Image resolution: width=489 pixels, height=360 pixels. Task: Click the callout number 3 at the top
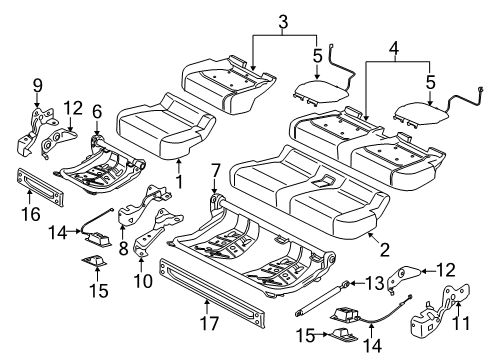point(283,22)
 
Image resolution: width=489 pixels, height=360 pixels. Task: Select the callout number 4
point(394,49)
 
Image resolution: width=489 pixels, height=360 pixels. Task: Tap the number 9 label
point(38,86)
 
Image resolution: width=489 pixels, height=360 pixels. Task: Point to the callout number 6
point(97,112)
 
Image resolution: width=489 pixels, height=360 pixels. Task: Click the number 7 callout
point(216,171)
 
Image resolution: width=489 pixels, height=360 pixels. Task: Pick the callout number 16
point(31,214)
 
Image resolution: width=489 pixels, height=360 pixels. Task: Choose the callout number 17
point(209,323)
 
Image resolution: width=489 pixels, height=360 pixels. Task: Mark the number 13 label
point(375,283)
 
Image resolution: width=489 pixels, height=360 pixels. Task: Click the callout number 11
point(462,323)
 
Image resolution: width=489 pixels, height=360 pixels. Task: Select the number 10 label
point(143,281)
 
